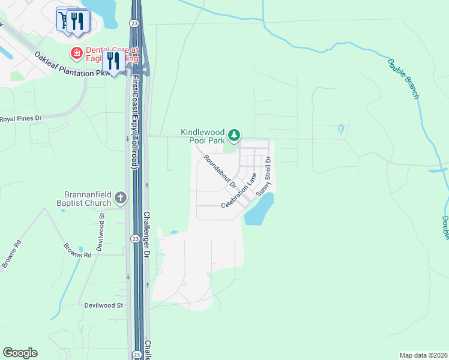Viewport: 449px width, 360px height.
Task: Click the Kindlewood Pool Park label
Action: (205, 136)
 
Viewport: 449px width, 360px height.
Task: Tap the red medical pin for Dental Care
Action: (77, 54)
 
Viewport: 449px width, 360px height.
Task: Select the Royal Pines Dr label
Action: (20, 119)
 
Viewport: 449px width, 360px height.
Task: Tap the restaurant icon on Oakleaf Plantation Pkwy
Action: (113, 60)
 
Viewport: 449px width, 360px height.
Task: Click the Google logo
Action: (20, 353)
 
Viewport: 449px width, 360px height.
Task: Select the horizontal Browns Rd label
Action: (79, 255)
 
